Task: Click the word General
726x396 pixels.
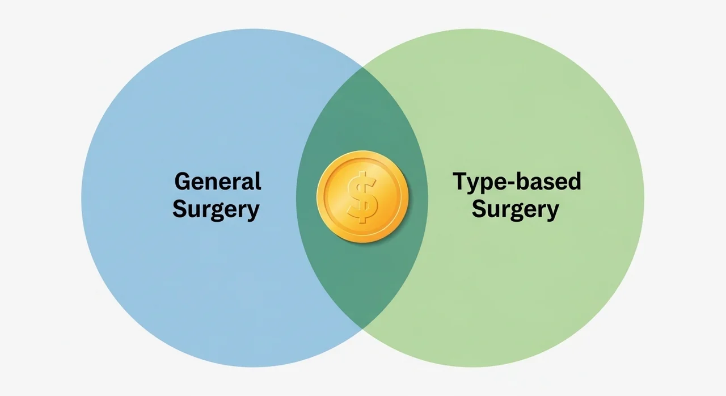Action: click(218, 181)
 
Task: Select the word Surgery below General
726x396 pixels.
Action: click(216, 210)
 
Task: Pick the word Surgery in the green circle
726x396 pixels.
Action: click(516, 210)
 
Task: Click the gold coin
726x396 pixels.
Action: click(362, 197)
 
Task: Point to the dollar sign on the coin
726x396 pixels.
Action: click(362, 197)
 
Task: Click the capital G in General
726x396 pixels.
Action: click(183, 181)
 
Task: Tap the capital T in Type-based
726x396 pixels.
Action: click(461, 181)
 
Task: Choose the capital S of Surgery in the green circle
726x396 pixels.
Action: click(479, 208)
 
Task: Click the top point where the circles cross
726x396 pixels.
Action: click(362, 68)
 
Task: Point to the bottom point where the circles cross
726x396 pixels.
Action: click(362, 328)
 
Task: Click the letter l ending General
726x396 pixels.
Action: click(259, 181)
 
